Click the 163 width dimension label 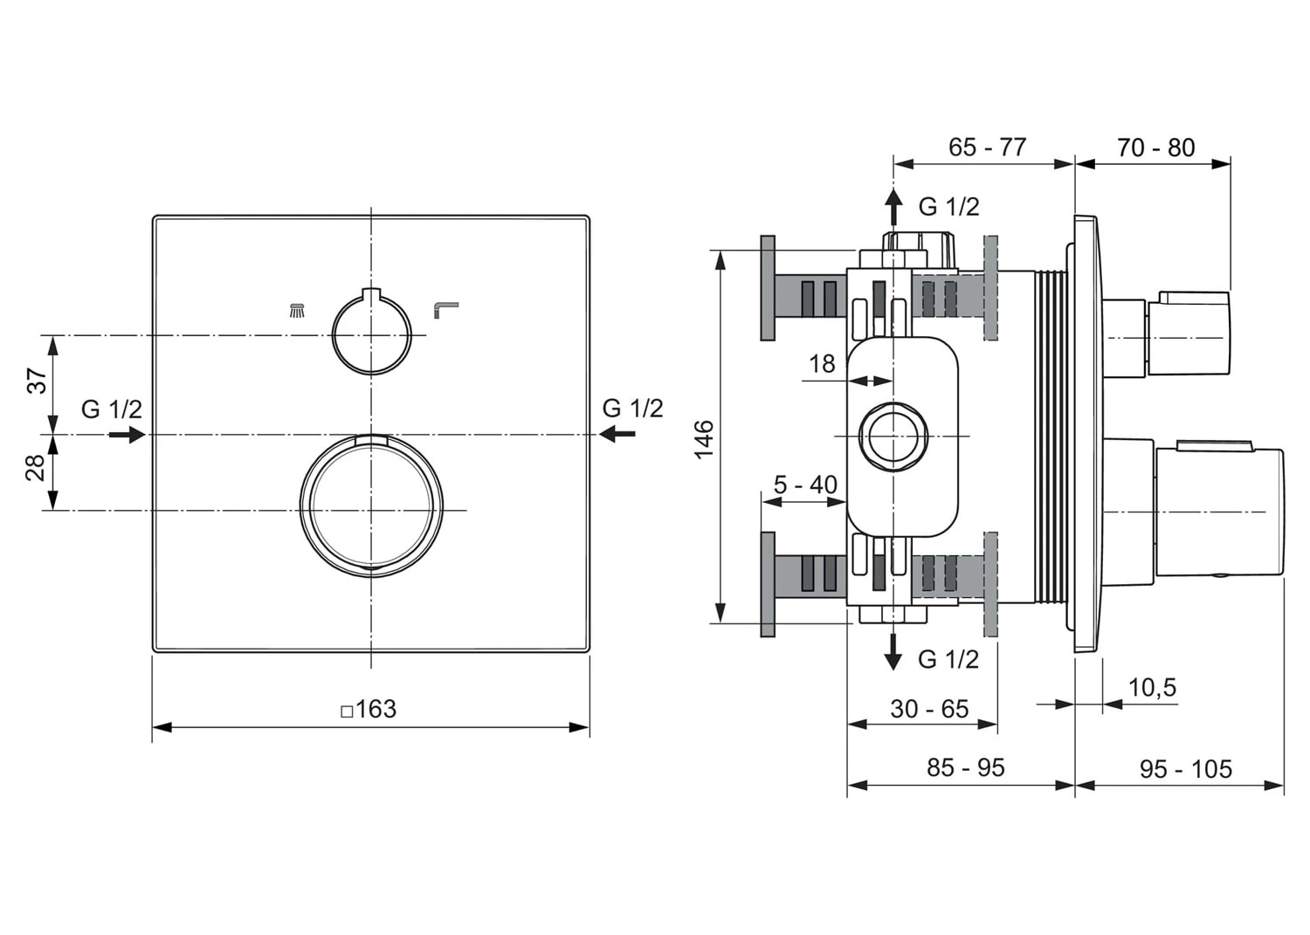370,709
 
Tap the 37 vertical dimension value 36,382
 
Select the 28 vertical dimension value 35,468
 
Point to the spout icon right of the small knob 445,308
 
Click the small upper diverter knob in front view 371,335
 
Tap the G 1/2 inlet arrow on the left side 127,433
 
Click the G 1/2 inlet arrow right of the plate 618,433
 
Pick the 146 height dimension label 704,438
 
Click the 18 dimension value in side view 822,363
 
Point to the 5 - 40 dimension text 805,484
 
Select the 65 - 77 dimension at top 987,147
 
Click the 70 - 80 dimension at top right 1155,148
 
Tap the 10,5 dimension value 1152,688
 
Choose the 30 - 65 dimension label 929,709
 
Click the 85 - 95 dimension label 965,767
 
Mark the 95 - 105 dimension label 1185,769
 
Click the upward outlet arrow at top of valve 893,208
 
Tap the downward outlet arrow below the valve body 893,651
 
